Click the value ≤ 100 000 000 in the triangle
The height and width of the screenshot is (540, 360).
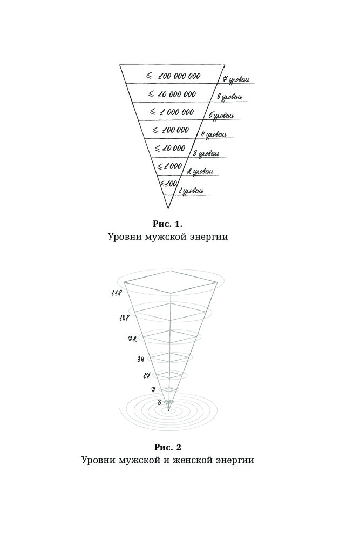[x=173, y=76]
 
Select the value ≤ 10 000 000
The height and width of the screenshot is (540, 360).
[x=172, y=94]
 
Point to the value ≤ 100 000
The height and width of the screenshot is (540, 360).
[x=171, y=130]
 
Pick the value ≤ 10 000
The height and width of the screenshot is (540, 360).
[x=169, y=148]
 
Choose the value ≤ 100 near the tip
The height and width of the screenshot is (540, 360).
[x=169, y=184]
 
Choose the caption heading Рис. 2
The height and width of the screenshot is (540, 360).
[x=168, y=447]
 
